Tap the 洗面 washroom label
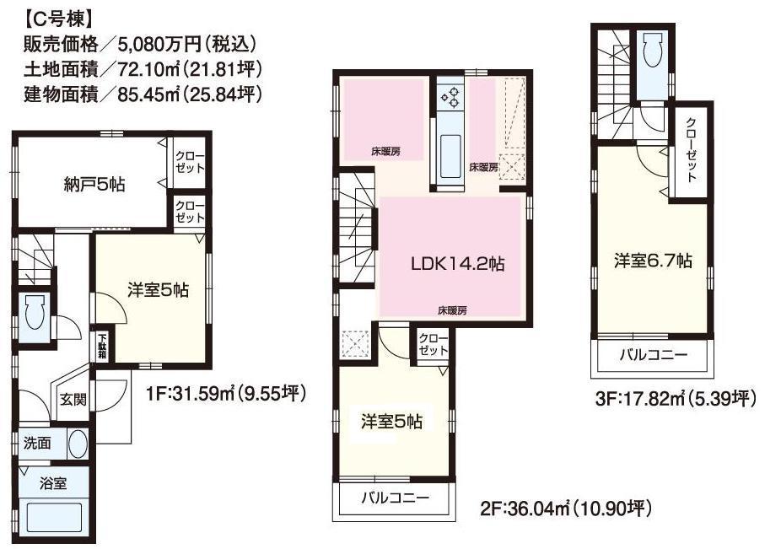(38, 443)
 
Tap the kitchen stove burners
(449, 98)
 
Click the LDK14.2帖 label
(458, 264)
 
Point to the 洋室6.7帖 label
(653, 261)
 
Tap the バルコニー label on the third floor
(654, 354)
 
